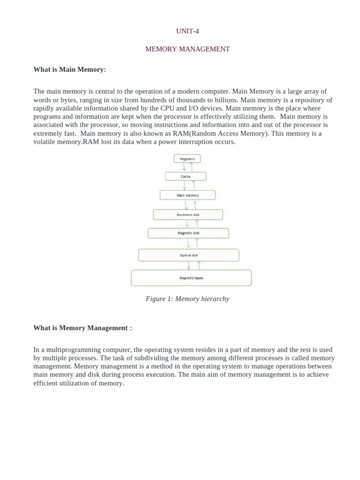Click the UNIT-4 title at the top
coord(187,31)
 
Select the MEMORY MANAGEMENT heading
coord(187,49)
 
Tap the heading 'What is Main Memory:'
coord(70,69)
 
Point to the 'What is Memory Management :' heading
coord(82,328)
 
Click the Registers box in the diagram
coord(187,159)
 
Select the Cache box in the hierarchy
coord(186,177)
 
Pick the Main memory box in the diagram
coord(187,195)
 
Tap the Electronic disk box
coord(188,215)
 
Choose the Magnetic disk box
coord(188,233)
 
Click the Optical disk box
coord(189,255)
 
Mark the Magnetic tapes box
coord(191,278)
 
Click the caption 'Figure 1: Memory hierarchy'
coord(187,299)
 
